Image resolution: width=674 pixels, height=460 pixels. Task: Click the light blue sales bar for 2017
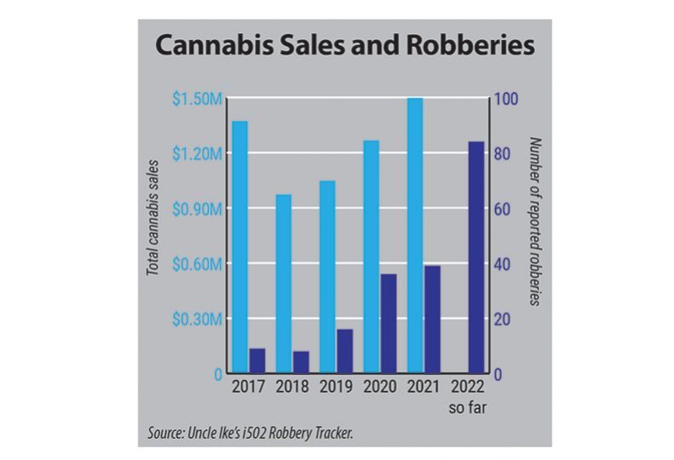[240, 247]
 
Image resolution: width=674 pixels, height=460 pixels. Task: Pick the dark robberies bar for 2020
[389, 324]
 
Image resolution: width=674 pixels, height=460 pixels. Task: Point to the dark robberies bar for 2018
[301, 362]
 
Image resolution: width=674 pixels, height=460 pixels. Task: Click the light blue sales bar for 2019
[328, 277]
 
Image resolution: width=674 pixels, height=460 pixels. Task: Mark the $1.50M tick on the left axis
[199, 100]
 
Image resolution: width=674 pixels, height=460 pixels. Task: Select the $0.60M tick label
[199, 264]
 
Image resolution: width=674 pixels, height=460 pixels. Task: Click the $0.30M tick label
[199, 319]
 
